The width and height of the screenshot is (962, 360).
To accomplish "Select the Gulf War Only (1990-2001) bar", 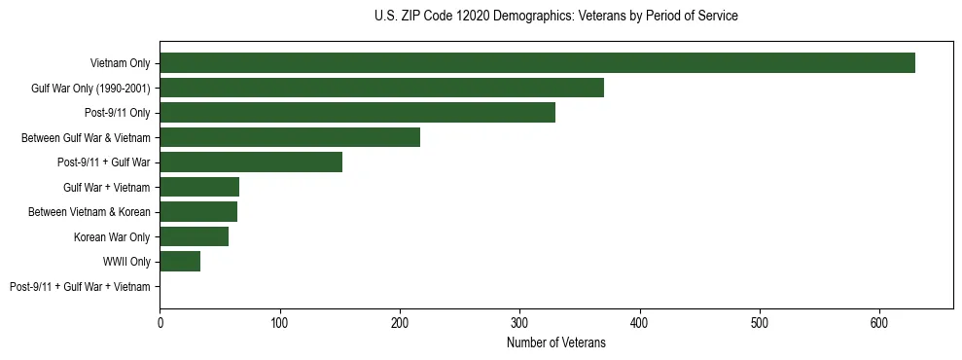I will coord(381,88).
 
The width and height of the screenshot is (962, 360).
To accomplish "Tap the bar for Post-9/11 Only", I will coord(357,113).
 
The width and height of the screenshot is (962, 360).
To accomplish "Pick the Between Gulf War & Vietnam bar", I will coord(290,137).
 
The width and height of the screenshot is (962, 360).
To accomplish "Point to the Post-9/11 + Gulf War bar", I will coord(251,162).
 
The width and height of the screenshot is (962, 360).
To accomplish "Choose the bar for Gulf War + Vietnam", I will coord(199,187).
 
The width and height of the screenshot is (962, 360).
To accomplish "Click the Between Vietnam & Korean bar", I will coord(198,212).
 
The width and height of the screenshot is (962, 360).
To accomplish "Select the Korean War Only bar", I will coord(194,236).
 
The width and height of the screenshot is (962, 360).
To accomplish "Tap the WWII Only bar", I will coord(180,262).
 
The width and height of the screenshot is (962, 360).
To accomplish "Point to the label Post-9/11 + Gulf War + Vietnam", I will coord(80,287).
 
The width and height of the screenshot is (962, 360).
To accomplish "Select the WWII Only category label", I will coord(126,262).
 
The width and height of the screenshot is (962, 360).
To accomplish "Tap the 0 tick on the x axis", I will coord(160,322).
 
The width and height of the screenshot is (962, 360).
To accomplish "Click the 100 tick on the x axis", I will coord(279,322).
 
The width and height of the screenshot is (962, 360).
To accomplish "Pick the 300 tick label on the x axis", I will coord(519,322).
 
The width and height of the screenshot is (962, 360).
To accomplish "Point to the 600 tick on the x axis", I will coord(879,322).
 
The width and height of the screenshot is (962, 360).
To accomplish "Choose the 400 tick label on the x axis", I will coord(639,322).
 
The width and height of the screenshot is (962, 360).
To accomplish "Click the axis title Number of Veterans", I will coord(555,342).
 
